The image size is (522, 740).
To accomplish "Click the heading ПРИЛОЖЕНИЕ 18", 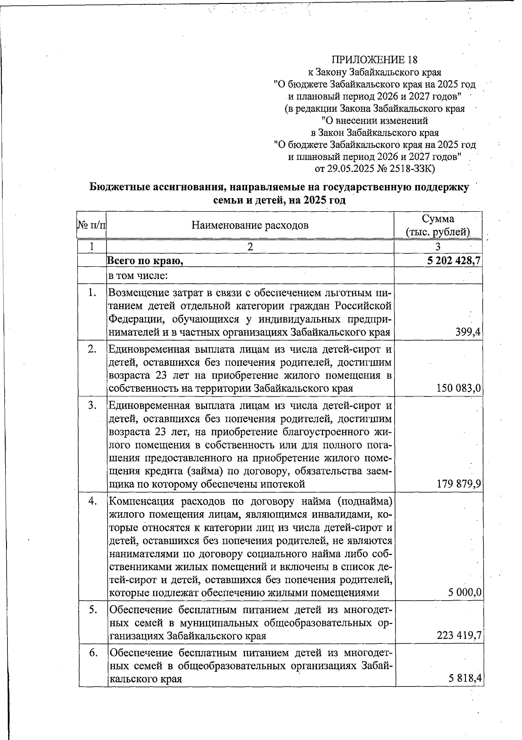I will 375,60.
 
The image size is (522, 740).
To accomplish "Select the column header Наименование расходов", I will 250,225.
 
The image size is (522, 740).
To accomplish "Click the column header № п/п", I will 91,225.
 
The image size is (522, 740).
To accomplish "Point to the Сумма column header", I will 438,219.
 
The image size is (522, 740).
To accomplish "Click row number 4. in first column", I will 92,501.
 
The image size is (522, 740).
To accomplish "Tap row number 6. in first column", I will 92,652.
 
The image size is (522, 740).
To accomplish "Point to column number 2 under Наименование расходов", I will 250,246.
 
